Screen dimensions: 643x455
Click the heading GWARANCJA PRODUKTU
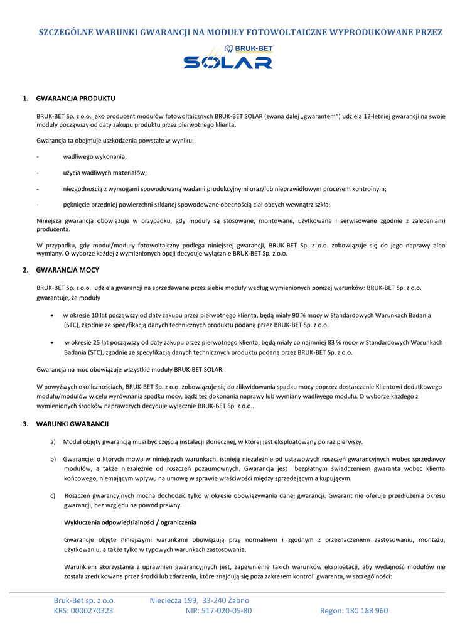(x=75, y=99)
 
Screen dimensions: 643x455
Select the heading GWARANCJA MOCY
(x=68, y=269)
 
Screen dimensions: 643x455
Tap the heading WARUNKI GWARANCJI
(x=72, y=424)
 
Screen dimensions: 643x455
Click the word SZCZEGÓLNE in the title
(x=65, y=31)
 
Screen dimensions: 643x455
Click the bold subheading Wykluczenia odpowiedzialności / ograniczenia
(x=130, y=522)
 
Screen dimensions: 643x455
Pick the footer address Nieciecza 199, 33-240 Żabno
(x=199, y=600)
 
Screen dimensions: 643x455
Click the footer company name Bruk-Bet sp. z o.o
(x=83, y=600)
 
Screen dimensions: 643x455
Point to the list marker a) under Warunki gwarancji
(x=53, y=442)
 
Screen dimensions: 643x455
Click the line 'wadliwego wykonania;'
(x=95, y=156)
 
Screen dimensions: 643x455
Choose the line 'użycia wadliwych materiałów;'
(x=105, y=173)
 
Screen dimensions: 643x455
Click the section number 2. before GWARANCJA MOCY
(x=26, y=269)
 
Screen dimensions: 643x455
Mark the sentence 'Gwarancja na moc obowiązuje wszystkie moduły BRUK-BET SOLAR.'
(x=130, y=369)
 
